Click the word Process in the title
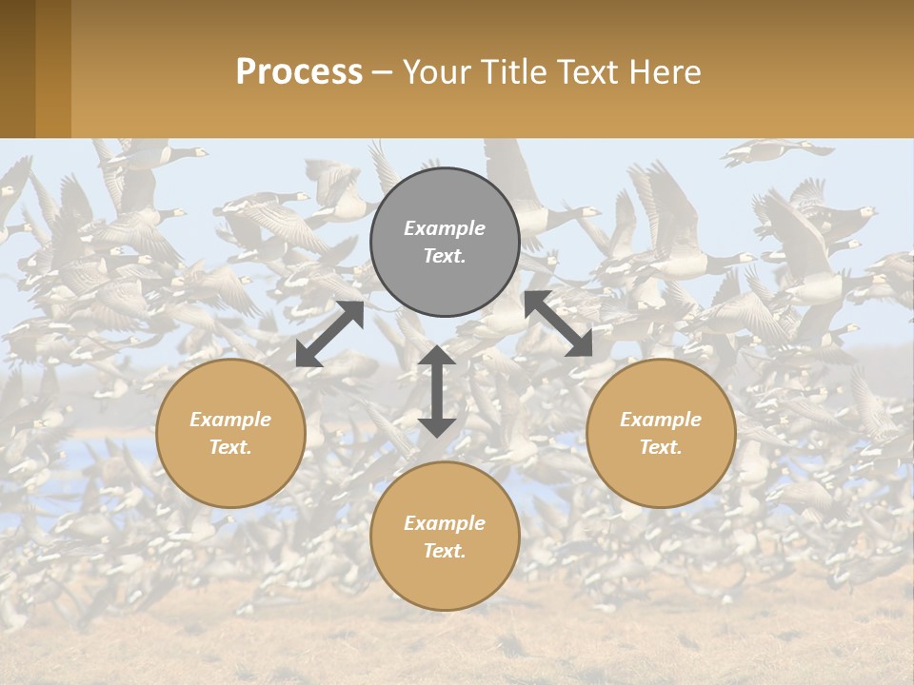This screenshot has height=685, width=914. pyautogui.click(x=299, y=72)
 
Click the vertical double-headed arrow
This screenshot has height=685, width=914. pyautogui.click(x=436, y=391)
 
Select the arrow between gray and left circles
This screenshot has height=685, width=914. pyautogui.click(x=329, y=334)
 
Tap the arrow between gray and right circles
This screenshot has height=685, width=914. pyautogui.click(x=558, y=323)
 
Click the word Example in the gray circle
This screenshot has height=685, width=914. pyautogui.click(x=445, y=228)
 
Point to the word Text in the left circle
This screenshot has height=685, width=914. pyautogui.click(x=229, y=448)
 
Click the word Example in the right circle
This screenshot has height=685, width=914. pyautogui.click(x=661, y=420)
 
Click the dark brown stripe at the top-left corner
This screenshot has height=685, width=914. pyautogui.click(x=17, y=68)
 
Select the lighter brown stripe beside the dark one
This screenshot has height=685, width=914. pyautogui.click(x=53, y=68)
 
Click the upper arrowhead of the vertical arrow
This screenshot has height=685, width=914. pyautogui.click(x=436, y=357)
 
